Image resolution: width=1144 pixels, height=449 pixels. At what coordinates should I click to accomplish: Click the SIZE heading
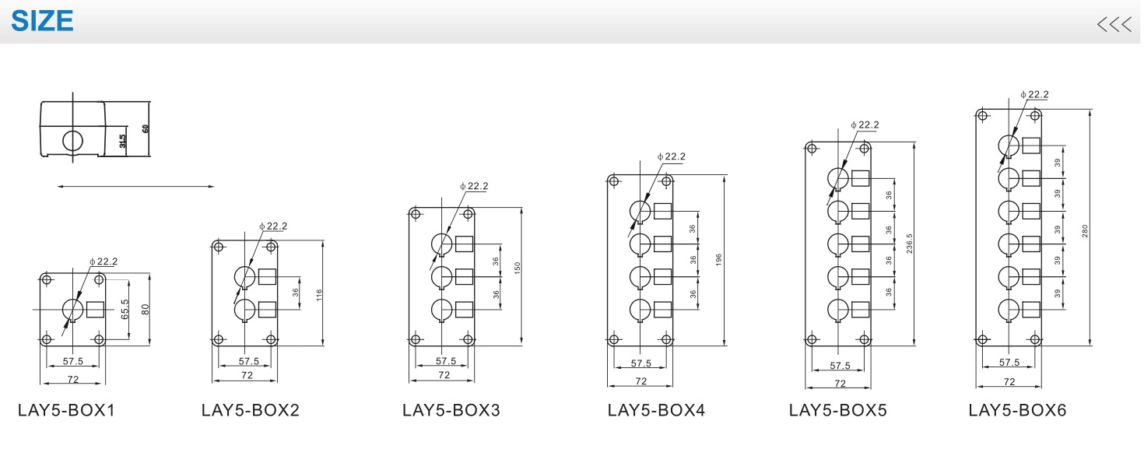[x=43, y=20]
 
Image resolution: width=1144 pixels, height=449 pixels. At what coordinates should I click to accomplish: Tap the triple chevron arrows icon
[x=1114, y=24]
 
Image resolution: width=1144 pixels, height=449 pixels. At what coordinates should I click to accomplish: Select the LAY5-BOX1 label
[x=66, y=410]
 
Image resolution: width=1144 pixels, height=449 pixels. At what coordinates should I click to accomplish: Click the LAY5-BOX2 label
[x=250, y=410]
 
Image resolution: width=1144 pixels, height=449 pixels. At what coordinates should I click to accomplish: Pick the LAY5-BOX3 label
[x=451, y=410]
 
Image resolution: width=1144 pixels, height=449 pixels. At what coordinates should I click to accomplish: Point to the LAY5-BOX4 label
[x=656, y=410]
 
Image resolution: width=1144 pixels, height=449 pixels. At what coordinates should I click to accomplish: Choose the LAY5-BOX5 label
[x=837, y=410]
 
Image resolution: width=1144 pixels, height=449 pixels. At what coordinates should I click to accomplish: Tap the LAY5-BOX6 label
[x=1017, y=410]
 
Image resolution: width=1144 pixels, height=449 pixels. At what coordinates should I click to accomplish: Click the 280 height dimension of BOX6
[x=1084, y=231]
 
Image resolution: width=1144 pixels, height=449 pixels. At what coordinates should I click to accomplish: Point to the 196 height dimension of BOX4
[x=720, y=259]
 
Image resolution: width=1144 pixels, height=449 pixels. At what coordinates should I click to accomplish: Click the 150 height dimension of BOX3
[x=517, y=268]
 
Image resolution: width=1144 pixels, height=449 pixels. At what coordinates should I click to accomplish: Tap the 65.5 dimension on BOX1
[x=125, y=310]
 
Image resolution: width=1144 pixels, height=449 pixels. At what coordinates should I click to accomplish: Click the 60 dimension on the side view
[x=145, y=128]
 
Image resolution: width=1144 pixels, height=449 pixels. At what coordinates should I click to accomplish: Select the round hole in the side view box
[x=72, y=141]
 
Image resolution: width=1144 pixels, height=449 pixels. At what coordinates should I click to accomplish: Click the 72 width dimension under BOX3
[x=444, y=375]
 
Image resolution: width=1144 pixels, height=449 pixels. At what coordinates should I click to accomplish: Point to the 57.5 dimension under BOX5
[x=840, y=366]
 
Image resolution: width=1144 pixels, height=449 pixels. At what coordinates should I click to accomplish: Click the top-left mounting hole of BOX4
[x=614, y=182]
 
